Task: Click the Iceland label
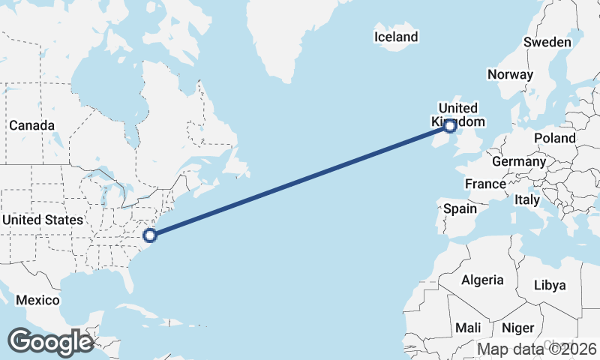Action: (x=396, y=37)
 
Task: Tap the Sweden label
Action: (x=547, y=42)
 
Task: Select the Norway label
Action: (x=510, y=74)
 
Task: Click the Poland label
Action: (x=555, y=138)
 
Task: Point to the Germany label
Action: (x=519, y=161)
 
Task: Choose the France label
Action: (x=485, y=184)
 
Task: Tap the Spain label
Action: (x=460, y=208)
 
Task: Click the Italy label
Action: (x=527, y=200)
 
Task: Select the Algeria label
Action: (x=482, y=280)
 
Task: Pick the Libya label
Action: (x=550, y=285)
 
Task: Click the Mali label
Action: (x=468, y=328)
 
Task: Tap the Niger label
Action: (x=517, y=328)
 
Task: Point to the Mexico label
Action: (x=37, y=300)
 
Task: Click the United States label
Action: (x=42, y=220)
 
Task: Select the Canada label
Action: (x=31, y=125)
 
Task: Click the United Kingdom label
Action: (x=458, y=115)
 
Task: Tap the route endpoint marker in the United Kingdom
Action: (x=450, y=127)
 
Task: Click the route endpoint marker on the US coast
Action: (x=150, y=235)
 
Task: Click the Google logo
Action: (x=50, y=342)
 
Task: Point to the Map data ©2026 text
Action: (x=537, y=349)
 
